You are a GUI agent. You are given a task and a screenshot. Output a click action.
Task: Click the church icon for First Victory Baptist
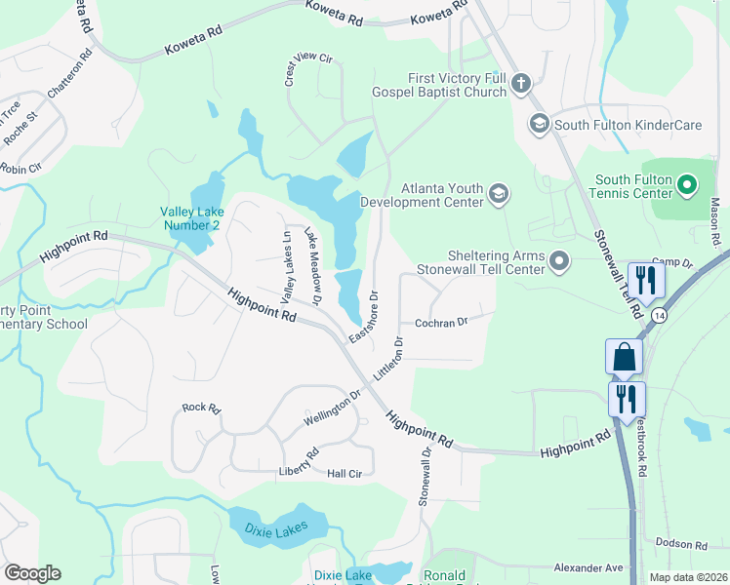click(520, 84)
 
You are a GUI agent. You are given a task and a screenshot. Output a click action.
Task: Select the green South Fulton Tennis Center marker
click(686, 183)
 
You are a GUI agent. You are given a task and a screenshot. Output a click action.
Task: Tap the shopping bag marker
click(625, 358)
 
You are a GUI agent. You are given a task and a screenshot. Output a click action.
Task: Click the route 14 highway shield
click(661, 315)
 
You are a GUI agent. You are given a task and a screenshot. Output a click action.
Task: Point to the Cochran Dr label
click(441, 321)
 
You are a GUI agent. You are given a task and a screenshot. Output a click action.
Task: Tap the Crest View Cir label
click(309, 71)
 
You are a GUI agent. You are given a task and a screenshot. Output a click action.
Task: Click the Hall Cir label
click(345, 474)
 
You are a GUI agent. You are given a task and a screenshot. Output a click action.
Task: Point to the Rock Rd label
click(201, 409)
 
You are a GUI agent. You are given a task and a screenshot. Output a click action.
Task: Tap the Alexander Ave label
click(588, 567)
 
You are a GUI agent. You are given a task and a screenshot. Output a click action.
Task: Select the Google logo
click(32, 573)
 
